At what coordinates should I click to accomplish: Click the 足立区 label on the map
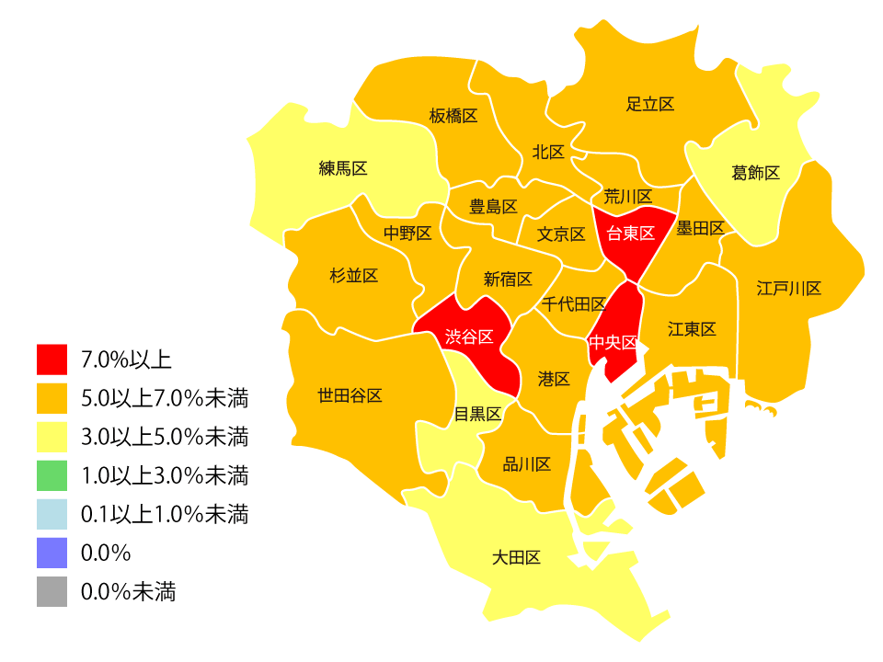click(650, 104)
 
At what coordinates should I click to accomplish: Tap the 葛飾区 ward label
click(756, 173)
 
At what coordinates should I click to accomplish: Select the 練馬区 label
click(343, 168)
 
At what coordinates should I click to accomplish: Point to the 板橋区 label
click(453, 116)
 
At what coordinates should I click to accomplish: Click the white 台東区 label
click(630, 234)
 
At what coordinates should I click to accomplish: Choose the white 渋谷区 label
click(469, 337)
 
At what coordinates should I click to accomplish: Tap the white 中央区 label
click(613, 342)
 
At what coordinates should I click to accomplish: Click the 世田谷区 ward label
click(350, 395)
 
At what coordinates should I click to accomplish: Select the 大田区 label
click(516, 557)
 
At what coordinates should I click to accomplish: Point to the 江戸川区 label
click(789, 289)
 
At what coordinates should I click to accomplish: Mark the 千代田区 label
click(574, 304)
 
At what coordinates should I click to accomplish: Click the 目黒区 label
click(478, 415)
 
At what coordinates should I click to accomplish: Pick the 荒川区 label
click(628, 197)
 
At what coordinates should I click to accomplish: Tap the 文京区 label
click(561, 234)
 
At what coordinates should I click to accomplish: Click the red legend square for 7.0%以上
click(52, 359)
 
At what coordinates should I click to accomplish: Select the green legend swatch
click(52, 474)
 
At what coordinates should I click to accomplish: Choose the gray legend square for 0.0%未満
click(52, 592)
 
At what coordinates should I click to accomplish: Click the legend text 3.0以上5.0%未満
click(165, 436)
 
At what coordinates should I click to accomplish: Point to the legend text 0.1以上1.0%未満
click(165, 514)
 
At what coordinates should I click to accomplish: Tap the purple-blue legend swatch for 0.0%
click(52, 553)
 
